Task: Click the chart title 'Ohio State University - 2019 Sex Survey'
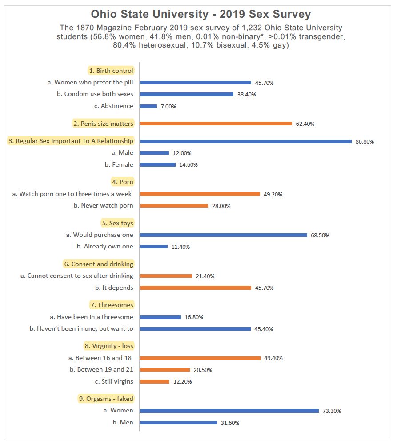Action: [x=200, y=14]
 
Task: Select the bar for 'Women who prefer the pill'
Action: [x=196, y=83]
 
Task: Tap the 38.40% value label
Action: [x=246, y=95]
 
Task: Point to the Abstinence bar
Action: [x=148, y=106]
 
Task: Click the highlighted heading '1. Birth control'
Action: [x=111, y=71]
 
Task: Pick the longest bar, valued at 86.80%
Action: [x=246, y=141]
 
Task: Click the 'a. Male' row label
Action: [x=122, y=152]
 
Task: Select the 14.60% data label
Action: [x=188, y=165]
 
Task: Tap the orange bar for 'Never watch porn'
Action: [x=174, y=206]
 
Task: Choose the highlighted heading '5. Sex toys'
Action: [x=118, y=223]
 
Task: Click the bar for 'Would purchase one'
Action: [x=224, y=235]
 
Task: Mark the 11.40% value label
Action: [x=180, y=247]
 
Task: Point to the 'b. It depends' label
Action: [x=114, y=288]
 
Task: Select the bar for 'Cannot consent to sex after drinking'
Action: [x=166, y=276]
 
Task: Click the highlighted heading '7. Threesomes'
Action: [x=112, y=305]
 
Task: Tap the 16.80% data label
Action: [x=194, y=317]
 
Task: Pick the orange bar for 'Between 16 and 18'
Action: [x=200, y=358]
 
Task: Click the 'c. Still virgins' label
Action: [x=114, y=381]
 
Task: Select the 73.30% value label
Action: [x=332, y=411]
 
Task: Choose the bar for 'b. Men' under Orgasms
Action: [x=178, y=423]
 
